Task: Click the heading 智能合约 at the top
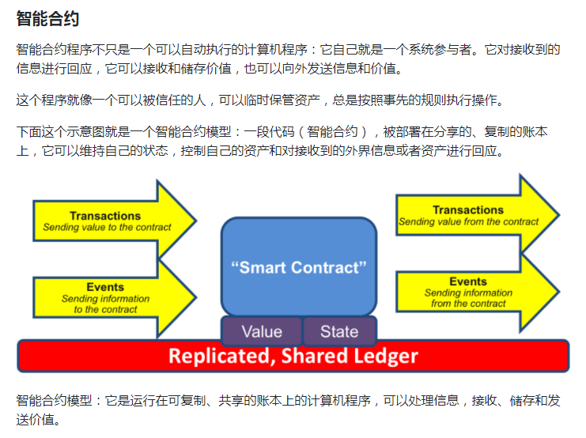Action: click(47, 18)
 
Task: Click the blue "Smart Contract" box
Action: click(299, 266)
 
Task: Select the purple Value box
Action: click(261, 331)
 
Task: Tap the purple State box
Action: click(339, 331)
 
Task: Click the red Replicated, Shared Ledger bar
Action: click(293, 356)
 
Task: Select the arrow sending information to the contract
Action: click(115, 297)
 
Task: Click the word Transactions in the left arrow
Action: click(105, 216)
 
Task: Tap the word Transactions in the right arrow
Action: click(468, 210)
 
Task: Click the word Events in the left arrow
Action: click(105, 287)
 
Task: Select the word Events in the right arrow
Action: click(468, 281)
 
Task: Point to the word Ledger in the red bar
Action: click(381, 357)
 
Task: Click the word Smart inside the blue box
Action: click(264, 268)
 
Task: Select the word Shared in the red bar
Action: click(308, 357)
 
